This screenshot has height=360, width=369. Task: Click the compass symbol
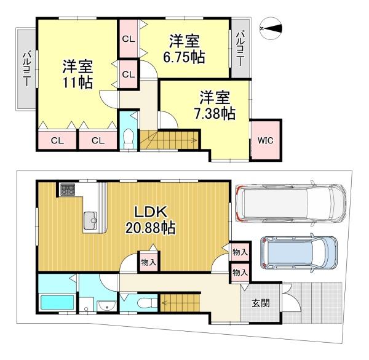point(271,28)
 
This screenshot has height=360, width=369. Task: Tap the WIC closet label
point(266,140)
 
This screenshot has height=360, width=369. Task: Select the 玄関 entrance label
point(261,303)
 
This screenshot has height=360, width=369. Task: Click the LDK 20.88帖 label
point(151,220)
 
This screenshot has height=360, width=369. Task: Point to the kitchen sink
point(90,220)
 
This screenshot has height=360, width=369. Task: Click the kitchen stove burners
point(68,190)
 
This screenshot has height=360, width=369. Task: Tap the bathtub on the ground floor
point(57,303)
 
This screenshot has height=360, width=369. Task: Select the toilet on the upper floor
point(129,139)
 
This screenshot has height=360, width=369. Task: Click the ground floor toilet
point(146,303)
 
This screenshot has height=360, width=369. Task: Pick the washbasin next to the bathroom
point(106,306)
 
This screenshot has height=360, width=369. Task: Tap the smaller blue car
point(299,253)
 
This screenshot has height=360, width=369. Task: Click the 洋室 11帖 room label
point(77,74)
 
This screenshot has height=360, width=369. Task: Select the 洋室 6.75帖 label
point(184,49)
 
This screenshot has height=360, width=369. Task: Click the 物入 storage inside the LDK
point(149,262)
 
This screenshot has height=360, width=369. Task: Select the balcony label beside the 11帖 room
point(26,68)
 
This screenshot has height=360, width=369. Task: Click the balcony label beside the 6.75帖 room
point(240,49)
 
